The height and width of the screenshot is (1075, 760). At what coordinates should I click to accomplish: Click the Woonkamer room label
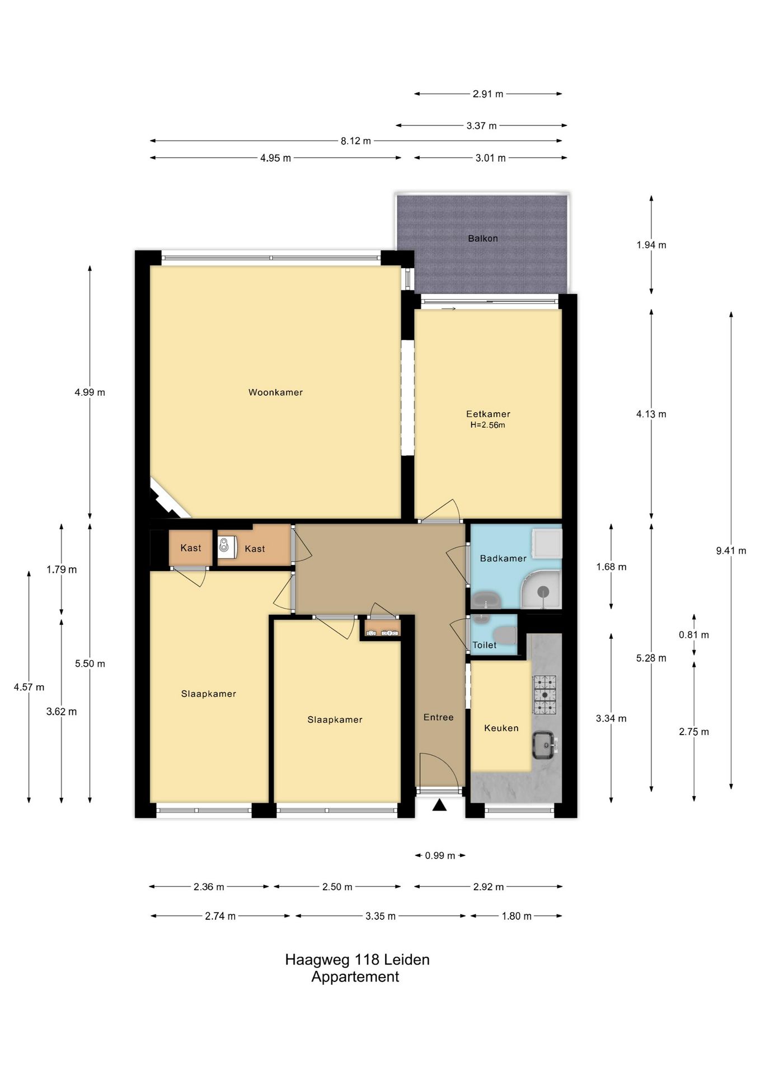(275, 392)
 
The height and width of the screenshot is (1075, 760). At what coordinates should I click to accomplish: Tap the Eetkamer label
(488, 414)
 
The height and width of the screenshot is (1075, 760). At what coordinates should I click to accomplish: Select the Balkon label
(483, 239)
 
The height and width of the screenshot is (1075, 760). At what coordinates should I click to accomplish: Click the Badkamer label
(503, 558)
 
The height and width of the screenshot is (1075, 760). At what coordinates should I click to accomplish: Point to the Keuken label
(501, 728)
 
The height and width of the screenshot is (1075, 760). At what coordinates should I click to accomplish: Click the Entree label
(438, 717)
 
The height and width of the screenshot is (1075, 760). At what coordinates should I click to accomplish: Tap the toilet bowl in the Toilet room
(507, 635)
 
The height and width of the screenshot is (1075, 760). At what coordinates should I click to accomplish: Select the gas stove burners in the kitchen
(545, 695)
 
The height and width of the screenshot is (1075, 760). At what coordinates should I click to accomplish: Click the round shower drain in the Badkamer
(543, 591)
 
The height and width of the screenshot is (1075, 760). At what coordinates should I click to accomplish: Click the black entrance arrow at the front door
(440, 805)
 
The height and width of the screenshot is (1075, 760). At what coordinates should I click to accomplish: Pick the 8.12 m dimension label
(356, 141)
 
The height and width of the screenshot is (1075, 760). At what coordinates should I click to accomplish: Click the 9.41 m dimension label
(731, 551)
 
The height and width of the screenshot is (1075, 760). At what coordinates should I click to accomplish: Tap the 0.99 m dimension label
(440, 856)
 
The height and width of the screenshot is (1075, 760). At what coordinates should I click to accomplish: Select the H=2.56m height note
(487, 425)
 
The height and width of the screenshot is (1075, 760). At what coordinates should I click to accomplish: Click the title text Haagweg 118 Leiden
(357, 960)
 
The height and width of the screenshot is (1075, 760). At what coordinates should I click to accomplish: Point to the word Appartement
(355, 977)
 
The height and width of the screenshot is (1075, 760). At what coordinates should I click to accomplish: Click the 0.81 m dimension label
(694, 635)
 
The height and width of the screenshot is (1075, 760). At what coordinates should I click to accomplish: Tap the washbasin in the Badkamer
(486, 601)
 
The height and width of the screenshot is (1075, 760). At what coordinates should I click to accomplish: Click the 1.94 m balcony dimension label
(651, 245)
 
